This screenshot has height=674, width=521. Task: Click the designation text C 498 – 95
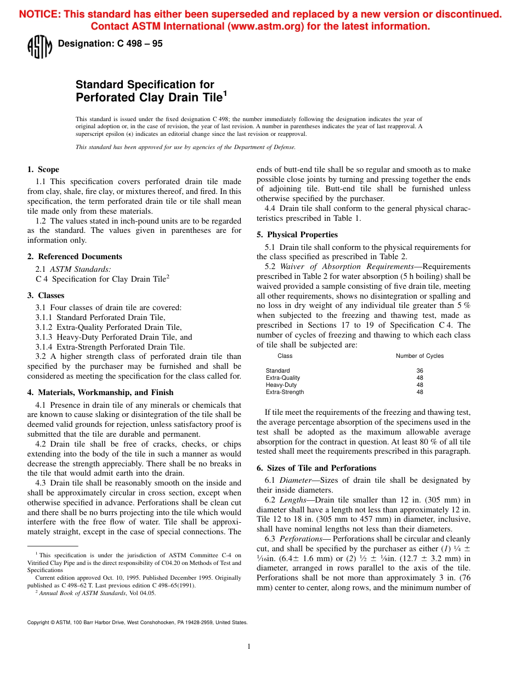(x=110, y=44)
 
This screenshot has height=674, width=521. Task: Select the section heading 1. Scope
(x=43, y=169)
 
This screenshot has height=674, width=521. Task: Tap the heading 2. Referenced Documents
(x=75, y=256)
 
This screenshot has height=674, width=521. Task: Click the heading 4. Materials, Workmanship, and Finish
(x=100, y=392)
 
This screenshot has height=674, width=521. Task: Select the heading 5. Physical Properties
(x=297, y=235)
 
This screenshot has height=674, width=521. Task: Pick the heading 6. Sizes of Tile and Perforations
(x=316, y=468)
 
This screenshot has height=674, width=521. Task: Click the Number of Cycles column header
(x=420, y=356)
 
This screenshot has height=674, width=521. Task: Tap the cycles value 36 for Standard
(x=420, y=371)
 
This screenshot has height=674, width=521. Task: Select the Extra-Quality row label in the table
(x=283, y=378)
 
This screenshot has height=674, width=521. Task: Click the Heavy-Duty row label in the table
(x=281, y=385)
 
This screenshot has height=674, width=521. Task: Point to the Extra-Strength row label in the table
(x=285, y=392)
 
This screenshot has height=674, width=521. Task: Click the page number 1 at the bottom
(x=249, y=647)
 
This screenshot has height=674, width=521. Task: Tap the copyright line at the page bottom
(x=137, y=622)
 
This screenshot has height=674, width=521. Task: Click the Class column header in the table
(x=285, y=356)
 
